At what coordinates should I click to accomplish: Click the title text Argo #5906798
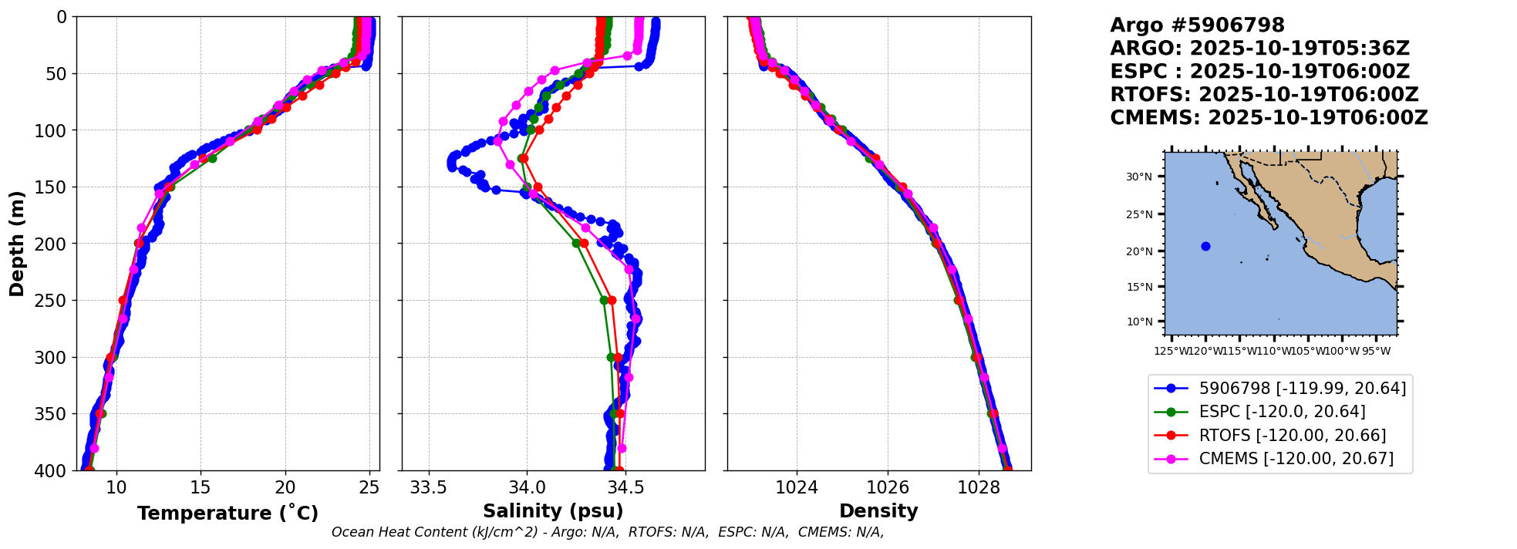[1197, 25]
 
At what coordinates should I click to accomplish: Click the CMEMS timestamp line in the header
[1269, 118]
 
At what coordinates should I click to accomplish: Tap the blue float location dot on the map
[1205, 247]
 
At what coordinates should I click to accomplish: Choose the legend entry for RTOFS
[1292, 436]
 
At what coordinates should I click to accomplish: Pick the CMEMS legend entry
[1296, 459]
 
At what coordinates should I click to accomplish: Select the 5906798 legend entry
[1302, 389]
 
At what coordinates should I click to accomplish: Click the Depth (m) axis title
[17, 244]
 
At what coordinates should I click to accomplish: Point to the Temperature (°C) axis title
[228, 514]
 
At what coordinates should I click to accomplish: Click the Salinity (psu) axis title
[553, 511]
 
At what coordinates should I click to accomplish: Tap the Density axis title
[878, 511]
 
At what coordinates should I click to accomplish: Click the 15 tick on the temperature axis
[201, 487]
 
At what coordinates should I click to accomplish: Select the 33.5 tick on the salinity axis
[428, 487]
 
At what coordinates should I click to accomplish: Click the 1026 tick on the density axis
[887, 487]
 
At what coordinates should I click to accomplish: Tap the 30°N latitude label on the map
[1139, 177]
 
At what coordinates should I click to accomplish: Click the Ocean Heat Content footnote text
[607, 532]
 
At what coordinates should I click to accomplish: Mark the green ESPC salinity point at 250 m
[604, 300]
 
